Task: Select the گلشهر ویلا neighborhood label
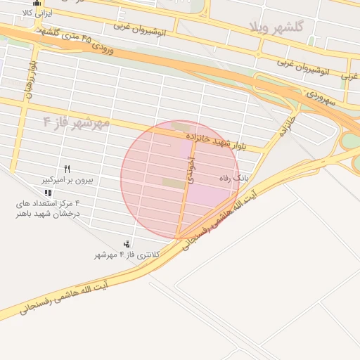pos(276,27)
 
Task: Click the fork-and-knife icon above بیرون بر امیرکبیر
pos(67,169)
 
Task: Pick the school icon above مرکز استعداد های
pos(48,192)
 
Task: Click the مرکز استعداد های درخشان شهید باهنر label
pos(48,208)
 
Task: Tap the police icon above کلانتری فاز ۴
pos(127,243)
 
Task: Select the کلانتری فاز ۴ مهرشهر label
pos(127,255)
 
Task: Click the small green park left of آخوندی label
pos(172,183)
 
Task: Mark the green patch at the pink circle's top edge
pos(180,127)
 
